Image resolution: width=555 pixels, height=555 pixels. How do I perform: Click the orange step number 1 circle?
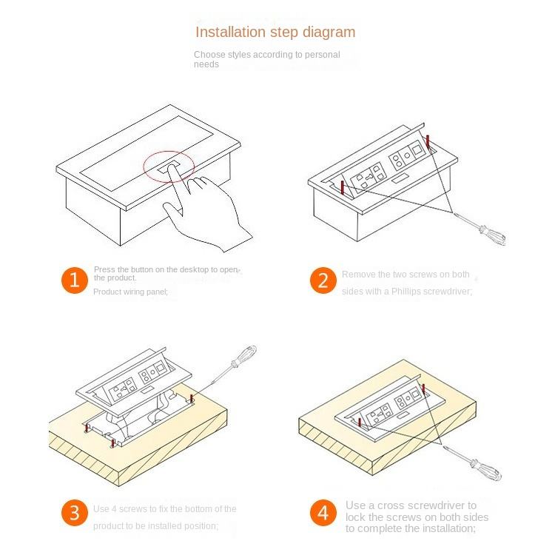point(74,280)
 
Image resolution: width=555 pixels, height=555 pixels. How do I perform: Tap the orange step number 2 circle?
point(323,280)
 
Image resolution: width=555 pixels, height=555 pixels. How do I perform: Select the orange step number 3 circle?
point(74,513)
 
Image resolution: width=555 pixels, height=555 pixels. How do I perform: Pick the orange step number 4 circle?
point(323,513)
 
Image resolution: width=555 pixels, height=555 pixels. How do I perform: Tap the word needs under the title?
point(206,64)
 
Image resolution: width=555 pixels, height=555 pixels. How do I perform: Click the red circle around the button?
point(169,166)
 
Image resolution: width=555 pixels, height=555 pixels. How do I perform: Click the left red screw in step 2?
point(342,189)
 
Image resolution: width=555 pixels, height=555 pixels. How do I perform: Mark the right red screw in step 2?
point(427,140)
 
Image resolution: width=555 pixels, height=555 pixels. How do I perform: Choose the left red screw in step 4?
point(359,423)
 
